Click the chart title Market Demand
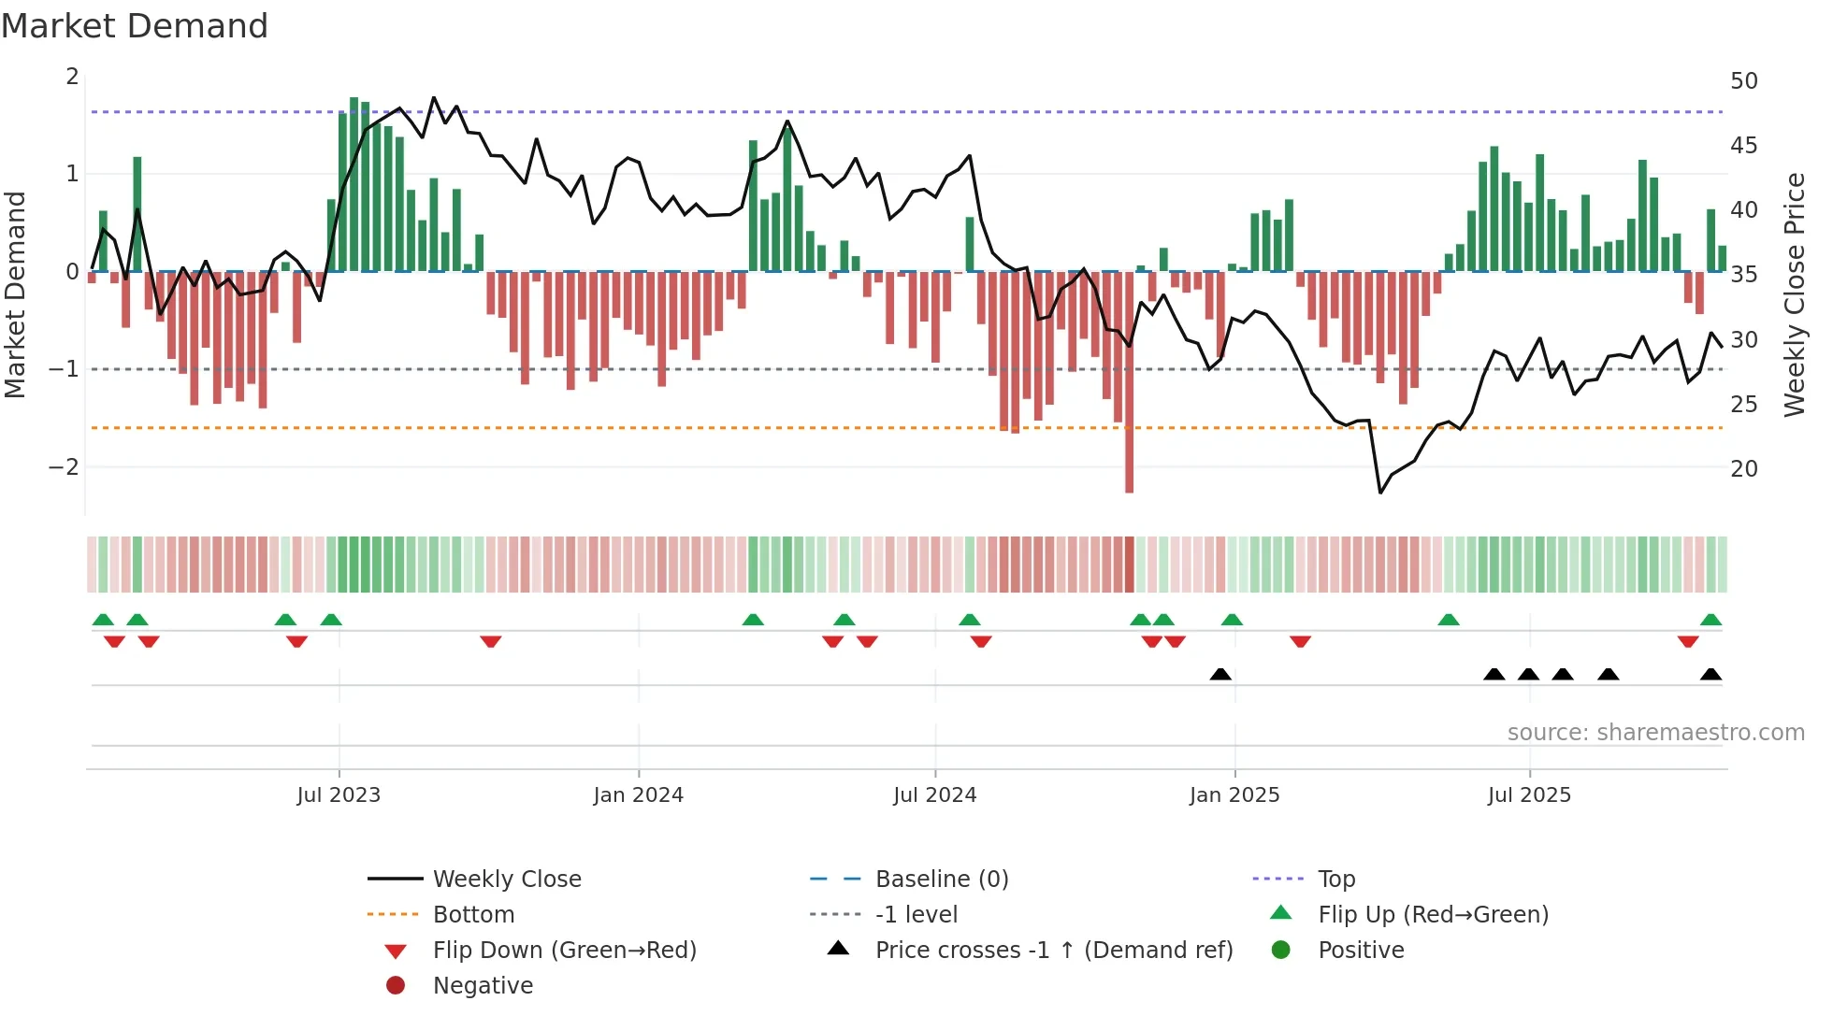pos(135,26)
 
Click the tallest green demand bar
pos(354,183)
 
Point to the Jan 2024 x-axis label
pos(638,795)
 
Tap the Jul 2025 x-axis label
pos(1529,795)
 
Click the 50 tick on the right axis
pos(1743,81)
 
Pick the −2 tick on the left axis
pos(64,467)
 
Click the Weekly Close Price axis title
pos(1794,294)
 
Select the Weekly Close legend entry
pos(506,880)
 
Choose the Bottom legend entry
pos(473,915)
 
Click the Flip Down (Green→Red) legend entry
pos(564,951)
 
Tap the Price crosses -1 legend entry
pos(1053,951)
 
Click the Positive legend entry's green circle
pos(1281,951)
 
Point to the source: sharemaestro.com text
pos(1655,733)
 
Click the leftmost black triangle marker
pos(1220,675)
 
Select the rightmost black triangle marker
pos(1710,675)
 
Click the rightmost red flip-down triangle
pos(1688,641)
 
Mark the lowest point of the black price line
pos(1380,493)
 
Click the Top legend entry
pos(1335,880)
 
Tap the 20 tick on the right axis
pos(1743,469)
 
